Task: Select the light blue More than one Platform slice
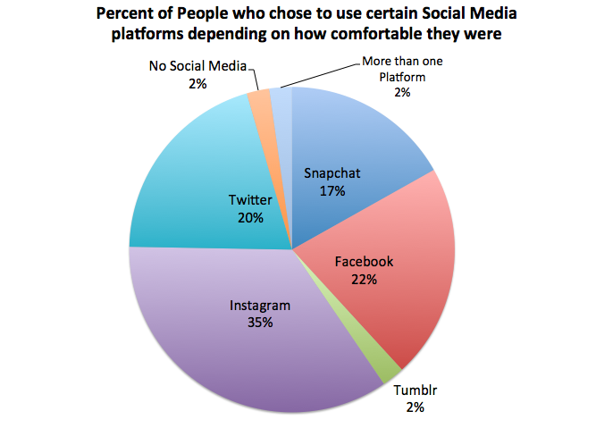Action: [x=281, y=98]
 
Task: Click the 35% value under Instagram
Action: [x=261, y=323]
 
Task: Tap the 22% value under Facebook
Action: [x=364, y=279]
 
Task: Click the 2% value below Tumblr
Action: [x=414, y=407]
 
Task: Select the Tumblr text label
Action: [x=414, y=391]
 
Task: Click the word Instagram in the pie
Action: [x=261, y=306]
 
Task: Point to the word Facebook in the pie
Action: [x=364, y=262]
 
